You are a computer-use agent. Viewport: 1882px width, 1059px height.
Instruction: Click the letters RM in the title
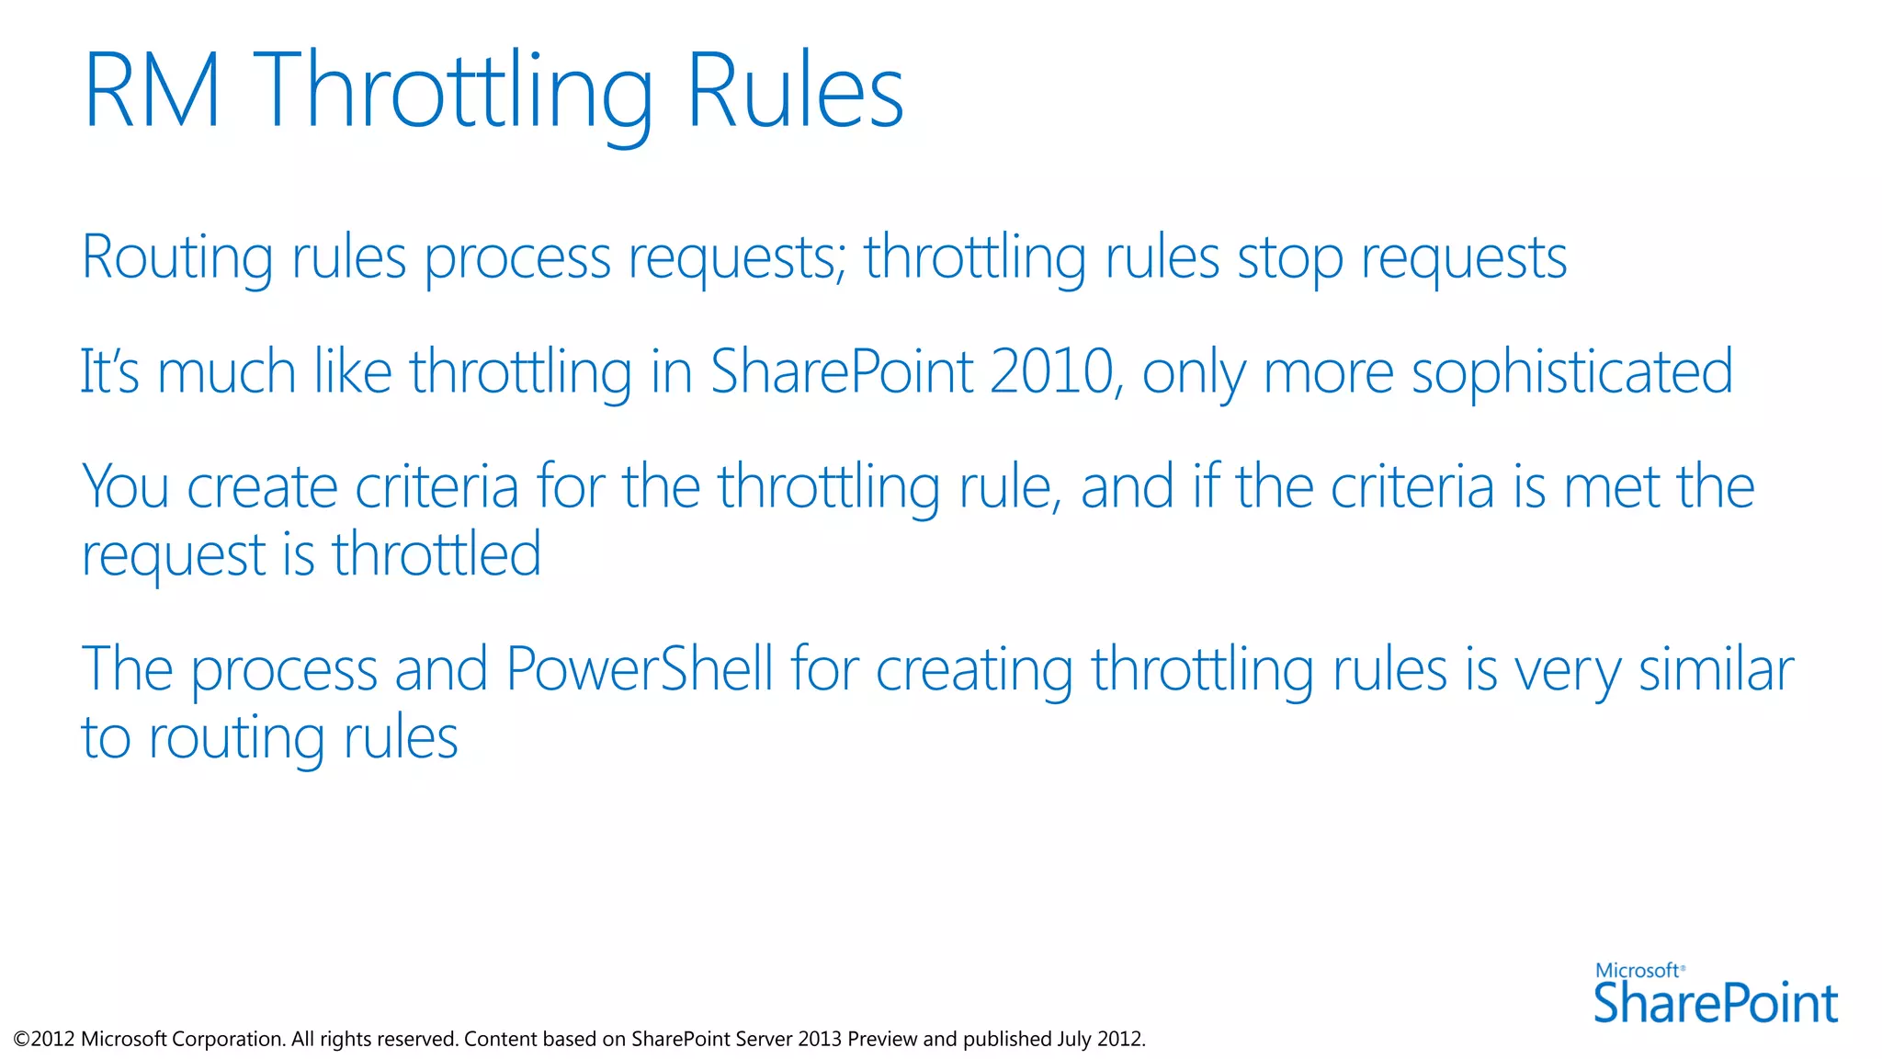[x=152, y=92]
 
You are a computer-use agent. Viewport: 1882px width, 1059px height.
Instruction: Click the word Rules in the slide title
[x=795, y=92]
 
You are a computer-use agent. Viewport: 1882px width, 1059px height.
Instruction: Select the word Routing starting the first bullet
[x=177, y=257]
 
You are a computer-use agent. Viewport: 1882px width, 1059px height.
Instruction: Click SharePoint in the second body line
[x=842, y=371]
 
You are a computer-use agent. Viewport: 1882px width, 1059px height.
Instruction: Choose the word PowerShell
[x=639, y=669]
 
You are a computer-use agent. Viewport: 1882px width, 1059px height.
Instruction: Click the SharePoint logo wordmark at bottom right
[x=1716, y=1004]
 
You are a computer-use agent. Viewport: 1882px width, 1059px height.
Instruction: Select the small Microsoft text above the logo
[x=1638, y=971]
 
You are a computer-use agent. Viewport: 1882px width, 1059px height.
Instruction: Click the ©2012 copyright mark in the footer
[x=44, y=1039]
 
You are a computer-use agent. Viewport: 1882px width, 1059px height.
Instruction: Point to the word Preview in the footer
[x=882, y=1039]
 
